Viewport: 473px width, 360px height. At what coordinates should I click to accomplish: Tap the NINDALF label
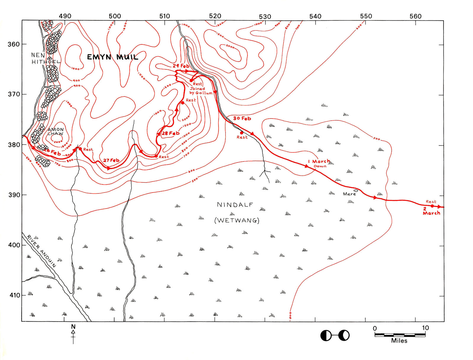(x=235, y=205)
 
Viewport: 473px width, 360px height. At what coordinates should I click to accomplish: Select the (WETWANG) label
(x=237, y=220)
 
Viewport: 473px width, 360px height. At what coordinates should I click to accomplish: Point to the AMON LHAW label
(x=56, y=131)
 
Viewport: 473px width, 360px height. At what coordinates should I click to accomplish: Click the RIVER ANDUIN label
(x=41, y=251)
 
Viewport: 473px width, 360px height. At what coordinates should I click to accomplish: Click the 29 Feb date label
(x=181, y=66)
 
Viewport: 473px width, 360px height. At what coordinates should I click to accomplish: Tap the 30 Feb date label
(x=242, y=119)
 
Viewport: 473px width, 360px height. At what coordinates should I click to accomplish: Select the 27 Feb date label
(x=111, y=160)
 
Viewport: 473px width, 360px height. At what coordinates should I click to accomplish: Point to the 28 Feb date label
(x=171, y=133)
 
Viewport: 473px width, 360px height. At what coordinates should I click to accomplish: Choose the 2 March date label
(x=431, y=211)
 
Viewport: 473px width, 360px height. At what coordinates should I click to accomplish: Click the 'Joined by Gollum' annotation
(x=200, y=91)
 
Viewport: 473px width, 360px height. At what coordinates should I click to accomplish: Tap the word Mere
(x=349, y=194)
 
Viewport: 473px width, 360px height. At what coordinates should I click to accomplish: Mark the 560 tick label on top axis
(x=415, y=16)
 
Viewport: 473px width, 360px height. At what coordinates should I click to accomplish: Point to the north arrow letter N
(x=73, y=327)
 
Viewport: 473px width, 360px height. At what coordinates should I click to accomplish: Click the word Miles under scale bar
(x=399, y=341)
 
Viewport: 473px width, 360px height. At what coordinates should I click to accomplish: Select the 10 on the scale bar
(x=425, y=328)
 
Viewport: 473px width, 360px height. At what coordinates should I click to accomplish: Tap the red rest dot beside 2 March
(x=432, y=206)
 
